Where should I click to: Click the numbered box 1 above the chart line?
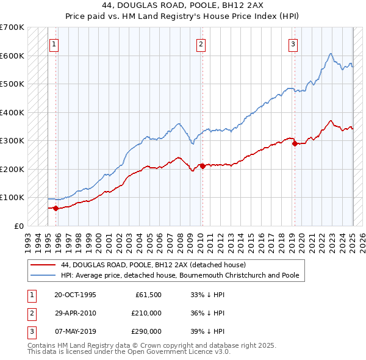click(54, 44)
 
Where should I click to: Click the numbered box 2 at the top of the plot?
click(201, 44)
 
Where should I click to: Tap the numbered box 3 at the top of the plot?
click(293, 44)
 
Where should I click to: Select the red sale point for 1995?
click(56, 208)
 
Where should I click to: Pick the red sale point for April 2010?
click(202, 166)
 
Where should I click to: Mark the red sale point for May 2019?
click(294, 143)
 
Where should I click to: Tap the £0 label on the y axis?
click(19, 226)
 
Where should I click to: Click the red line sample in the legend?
click(43, 265)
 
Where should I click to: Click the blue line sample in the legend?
click(43, 275)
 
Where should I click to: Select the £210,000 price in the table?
click(146, 313)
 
